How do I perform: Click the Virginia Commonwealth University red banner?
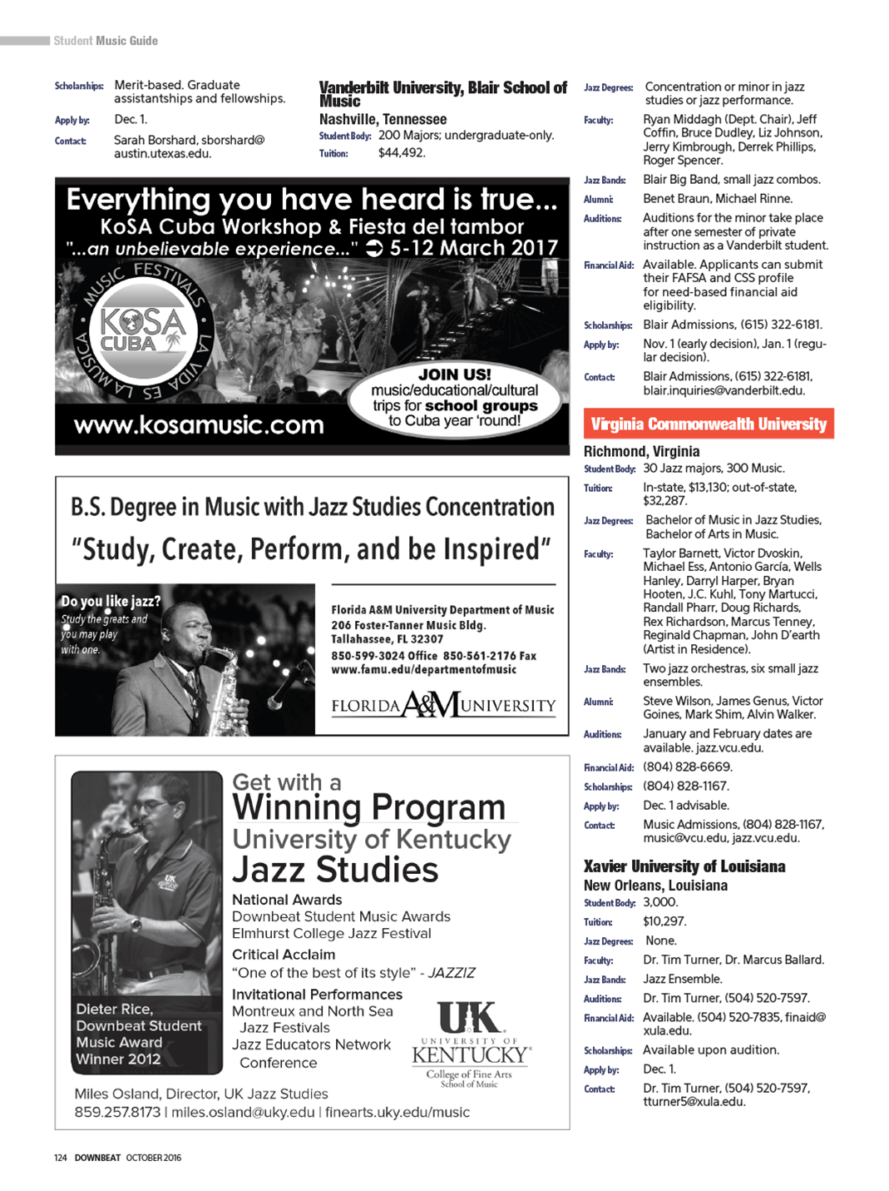click(709, 424)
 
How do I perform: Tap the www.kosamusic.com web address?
click(199, 424)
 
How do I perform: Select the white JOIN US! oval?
click(454, 398)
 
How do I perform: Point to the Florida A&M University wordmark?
click(443, 706)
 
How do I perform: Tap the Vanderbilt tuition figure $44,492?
click(402, 153)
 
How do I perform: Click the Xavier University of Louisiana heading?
click(684, 866)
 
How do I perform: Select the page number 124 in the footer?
click(60, 1158)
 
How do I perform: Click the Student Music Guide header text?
click(106, 41)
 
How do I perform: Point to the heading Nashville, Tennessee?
click(383, 119)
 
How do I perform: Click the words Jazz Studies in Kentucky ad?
click(335, 870)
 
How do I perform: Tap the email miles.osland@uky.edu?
click(243, 1112)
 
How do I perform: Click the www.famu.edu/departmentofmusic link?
click(423, 669)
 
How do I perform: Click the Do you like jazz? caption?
click(111, 601)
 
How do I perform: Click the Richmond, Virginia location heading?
click(641, 451)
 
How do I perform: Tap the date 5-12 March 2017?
click(474, 248)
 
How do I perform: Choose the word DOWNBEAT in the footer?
click(97, 1158)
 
